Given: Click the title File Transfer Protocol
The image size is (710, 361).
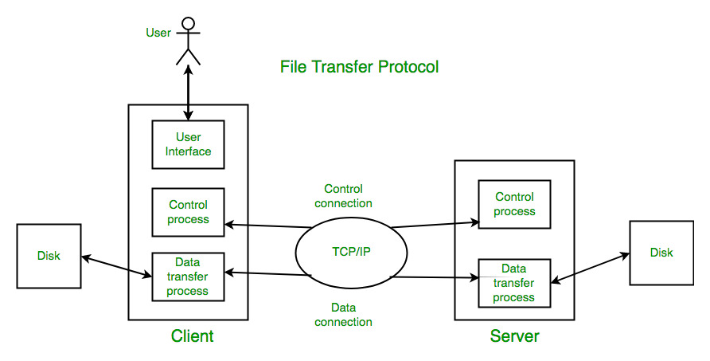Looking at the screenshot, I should pos(359,67).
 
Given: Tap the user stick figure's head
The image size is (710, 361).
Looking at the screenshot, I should pos(188,23).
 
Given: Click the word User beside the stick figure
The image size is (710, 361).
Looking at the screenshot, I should pos(158,33).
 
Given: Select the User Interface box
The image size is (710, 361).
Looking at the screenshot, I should pos(188,144).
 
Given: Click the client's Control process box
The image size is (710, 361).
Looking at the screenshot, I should pos(188,212).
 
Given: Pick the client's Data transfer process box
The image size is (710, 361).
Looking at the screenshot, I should pos(188,276).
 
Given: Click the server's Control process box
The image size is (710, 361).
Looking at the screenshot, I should pos(514,204).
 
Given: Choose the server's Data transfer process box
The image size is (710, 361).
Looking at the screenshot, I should pos(514,283).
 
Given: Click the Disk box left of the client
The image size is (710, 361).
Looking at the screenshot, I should pos(49,256).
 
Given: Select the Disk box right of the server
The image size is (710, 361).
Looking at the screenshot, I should pos(661,253).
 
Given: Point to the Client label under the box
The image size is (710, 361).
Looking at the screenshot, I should pos(192,335).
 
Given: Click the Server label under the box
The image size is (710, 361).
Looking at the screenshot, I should pos(514,336).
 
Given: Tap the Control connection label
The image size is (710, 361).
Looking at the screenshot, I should pos(343,196).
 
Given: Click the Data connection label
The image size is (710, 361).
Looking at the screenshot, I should pos(343,315).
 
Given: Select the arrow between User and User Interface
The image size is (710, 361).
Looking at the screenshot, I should pos(189,93).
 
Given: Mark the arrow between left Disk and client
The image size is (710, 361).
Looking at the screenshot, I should pos(116,266).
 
